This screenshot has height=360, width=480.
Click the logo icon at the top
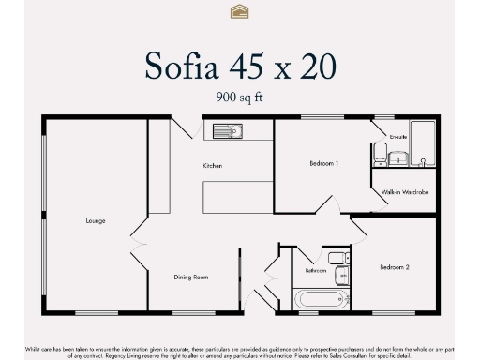click(x=239, y=11)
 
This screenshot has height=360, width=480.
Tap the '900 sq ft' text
click(x=239, y=96)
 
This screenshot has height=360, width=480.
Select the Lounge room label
click(x=95, y=221)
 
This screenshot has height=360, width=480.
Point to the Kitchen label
click(x=213, y=166)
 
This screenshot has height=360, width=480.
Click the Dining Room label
click(x=190, y=277)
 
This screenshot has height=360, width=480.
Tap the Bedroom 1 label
click(x=323, y=163)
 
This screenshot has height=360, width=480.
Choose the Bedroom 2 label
click(x=394, y=267)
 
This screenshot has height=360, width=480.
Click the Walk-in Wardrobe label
click(x=405, y=192)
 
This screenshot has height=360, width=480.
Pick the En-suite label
click(x=397, y=137)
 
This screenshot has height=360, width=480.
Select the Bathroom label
click(x=316, y=270)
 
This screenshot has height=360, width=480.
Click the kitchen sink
click(x=226, y=131)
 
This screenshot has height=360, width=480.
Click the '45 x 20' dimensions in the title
click(x=285, y=66)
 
